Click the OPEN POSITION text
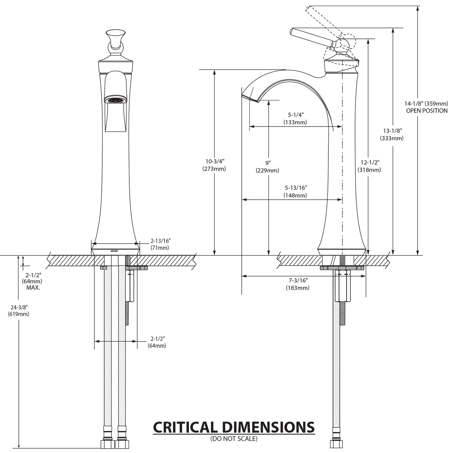[427, 111]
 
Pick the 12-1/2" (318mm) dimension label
[369, 166]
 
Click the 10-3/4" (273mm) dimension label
[215, 165]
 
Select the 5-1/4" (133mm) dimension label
[295, 119]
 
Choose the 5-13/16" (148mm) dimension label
[295, 192]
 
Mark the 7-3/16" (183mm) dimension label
[297, 284]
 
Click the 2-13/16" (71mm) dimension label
[160, 244]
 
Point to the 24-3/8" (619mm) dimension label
[18, 311]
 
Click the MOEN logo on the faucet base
[115, 251]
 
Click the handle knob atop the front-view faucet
[116, 34]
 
